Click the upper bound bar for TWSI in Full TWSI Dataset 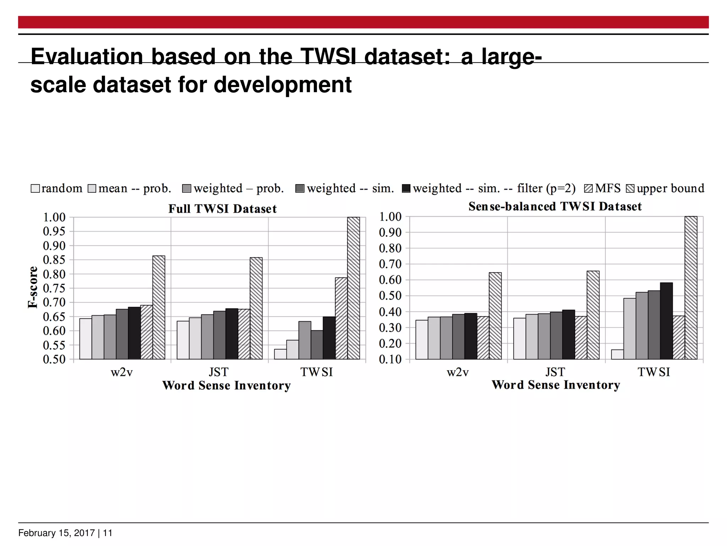353,288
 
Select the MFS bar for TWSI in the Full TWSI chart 341,318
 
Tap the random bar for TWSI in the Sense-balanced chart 617,354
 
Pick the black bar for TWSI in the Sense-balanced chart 666,321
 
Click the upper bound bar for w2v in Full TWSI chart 159,307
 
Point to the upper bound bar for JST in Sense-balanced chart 593,315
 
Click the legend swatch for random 35,188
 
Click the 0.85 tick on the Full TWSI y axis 54,260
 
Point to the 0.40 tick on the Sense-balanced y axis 390,312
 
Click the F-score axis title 33,287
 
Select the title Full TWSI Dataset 222,209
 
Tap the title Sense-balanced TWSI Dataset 555,207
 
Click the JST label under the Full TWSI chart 218,372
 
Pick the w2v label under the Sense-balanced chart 458,372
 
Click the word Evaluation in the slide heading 87,56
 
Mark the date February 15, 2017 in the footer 56,533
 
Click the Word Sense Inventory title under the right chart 556,385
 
